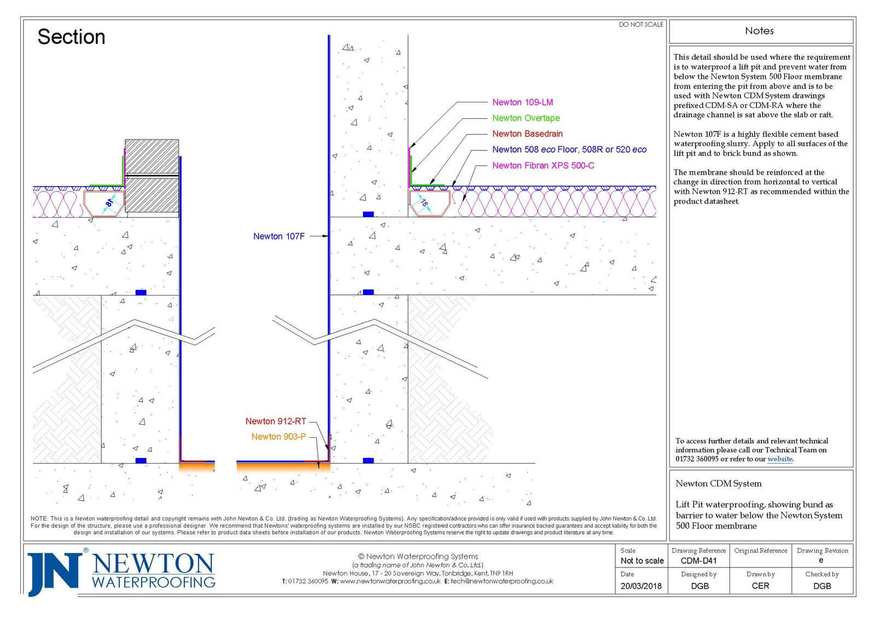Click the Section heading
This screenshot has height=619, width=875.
pos(71,37)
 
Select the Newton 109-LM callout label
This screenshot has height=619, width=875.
pos(522,102)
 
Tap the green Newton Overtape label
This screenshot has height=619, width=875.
pos(526,118)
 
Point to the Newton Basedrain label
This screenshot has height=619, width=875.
pos(527,134)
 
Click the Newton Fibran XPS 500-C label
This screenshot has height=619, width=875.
pos(543,166)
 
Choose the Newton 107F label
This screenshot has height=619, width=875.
pos(278,236)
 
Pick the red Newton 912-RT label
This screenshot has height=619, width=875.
pos(275,421)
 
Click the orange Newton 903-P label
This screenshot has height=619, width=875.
pos(278,437)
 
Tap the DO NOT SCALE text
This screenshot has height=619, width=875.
pos(640,25)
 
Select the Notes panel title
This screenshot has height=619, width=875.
pos(759,31)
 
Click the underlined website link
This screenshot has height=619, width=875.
pos(780,459)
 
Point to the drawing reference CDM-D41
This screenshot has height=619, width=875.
pos(698,561)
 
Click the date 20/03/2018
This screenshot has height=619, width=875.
pos(641,586)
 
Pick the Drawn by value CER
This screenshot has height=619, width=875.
pos(760,586)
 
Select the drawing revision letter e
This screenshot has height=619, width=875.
pos(821,560)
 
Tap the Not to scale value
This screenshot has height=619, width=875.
pos(642,561)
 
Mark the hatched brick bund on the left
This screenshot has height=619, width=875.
pos(151,176)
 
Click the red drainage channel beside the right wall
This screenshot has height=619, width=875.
pos(429,203)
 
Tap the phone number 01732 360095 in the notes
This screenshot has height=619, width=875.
pos(696,459)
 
